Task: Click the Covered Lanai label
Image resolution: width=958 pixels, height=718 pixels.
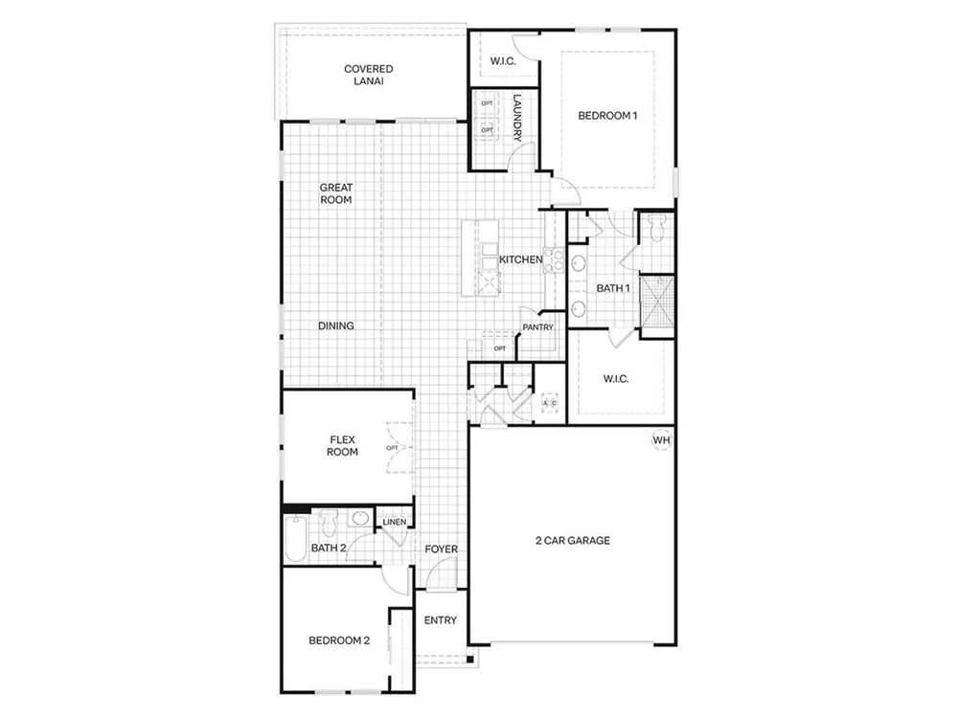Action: (x=369, y=75)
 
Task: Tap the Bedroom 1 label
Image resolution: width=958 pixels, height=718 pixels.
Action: (x=607, y=116)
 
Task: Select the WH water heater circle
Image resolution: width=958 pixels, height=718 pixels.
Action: (x=662, y=439)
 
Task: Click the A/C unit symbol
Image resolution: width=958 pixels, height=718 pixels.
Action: (x=549, y=403)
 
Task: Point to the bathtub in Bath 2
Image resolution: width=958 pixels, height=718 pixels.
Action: (x=295, y=538)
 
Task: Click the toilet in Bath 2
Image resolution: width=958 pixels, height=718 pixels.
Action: (x=329, y=524)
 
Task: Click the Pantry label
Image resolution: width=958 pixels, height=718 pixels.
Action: (x=537, y=327)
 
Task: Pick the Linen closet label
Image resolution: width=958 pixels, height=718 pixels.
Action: (x=394, y=522)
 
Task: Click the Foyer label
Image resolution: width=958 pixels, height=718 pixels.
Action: (x=441, y=549)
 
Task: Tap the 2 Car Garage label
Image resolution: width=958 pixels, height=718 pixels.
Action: (x=573, y=540)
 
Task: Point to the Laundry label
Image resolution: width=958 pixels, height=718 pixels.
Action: (x=517, y=118)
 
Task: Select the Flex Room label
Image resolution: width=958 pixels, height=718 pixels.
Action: (x=342, y=446)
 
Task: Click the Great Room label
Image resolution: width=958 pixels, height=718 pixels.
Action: (x=336, y=193)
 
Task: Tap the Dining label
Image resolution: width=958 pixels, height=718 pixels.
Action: (x=336, y=326)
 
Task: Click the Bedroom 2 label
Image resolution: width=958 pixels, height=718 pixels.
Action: (x=339, y=640)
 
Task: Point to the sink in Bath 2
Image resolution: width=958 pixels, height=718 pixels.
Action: (x=360, y=519)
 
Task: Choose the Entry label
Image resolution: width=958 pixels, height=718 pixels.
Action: (x=441, y=620)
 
